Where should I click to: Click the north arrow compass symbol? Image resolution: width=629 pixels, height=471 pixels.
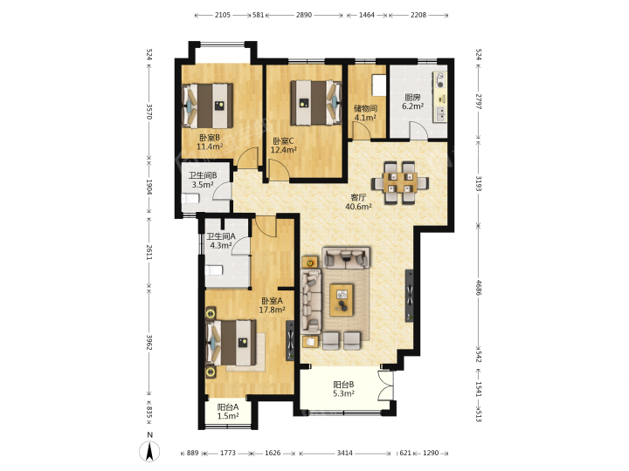click(x=149, y=451)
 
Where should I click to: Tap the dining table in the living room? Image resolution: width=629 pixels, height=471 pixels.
click(x=399, y=182)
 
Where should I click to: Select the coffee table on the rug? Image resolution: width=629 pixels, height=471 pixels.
click(x=342, y=300)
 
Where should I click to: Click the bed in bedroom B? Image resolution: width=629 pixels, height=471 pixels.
click(x=208, y=106)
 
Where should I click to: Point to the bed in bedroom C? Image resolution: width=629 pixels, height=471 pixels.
click(x=315, y=103)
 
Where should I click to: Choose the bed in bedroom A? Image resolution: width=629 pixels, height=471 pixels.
click(x=231, y=343)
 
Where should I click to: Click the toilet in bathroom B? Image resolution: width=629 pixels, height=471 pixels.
click(x=191, y=198)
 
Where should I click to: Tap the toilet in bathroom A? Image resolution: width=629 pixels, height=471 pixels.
click(x=214, y=270)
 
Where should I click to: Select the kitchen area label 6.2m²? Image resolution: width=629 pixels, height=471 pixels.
click(x=412, y=106)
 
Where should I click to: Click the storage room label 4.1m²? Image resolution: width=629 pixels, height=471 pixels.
click(x=365, y=118)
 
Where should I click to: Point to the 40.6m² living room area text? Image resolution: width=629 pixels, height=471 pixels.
click(x=358, y=207)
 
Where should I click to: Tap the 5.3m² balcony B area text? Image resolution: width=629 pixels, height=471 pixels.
click(x=343, y=393)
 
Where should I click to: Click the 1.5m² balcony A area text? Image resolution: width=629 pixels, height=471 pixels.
click(x=228, y=416)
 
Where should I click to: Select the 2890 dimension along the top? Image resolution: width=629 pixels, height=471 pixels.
click(x=304, y=15)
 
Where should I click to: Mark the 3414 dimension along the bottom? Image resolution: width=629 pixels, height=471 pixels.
click(x=344, y=453)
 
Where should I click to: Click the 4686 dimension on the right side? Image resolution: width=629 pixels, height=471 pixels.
click(x=478, y=287)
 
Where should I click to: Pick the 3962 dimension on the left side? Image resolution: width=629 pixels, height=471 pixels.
click(x=149, y=342)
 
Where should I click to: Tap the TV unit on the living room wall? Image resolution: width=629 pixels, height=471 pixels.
click(x=410, y=296)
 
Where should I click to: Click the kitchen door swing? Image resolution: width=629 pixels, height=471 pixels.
click(x=418, y=131)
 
